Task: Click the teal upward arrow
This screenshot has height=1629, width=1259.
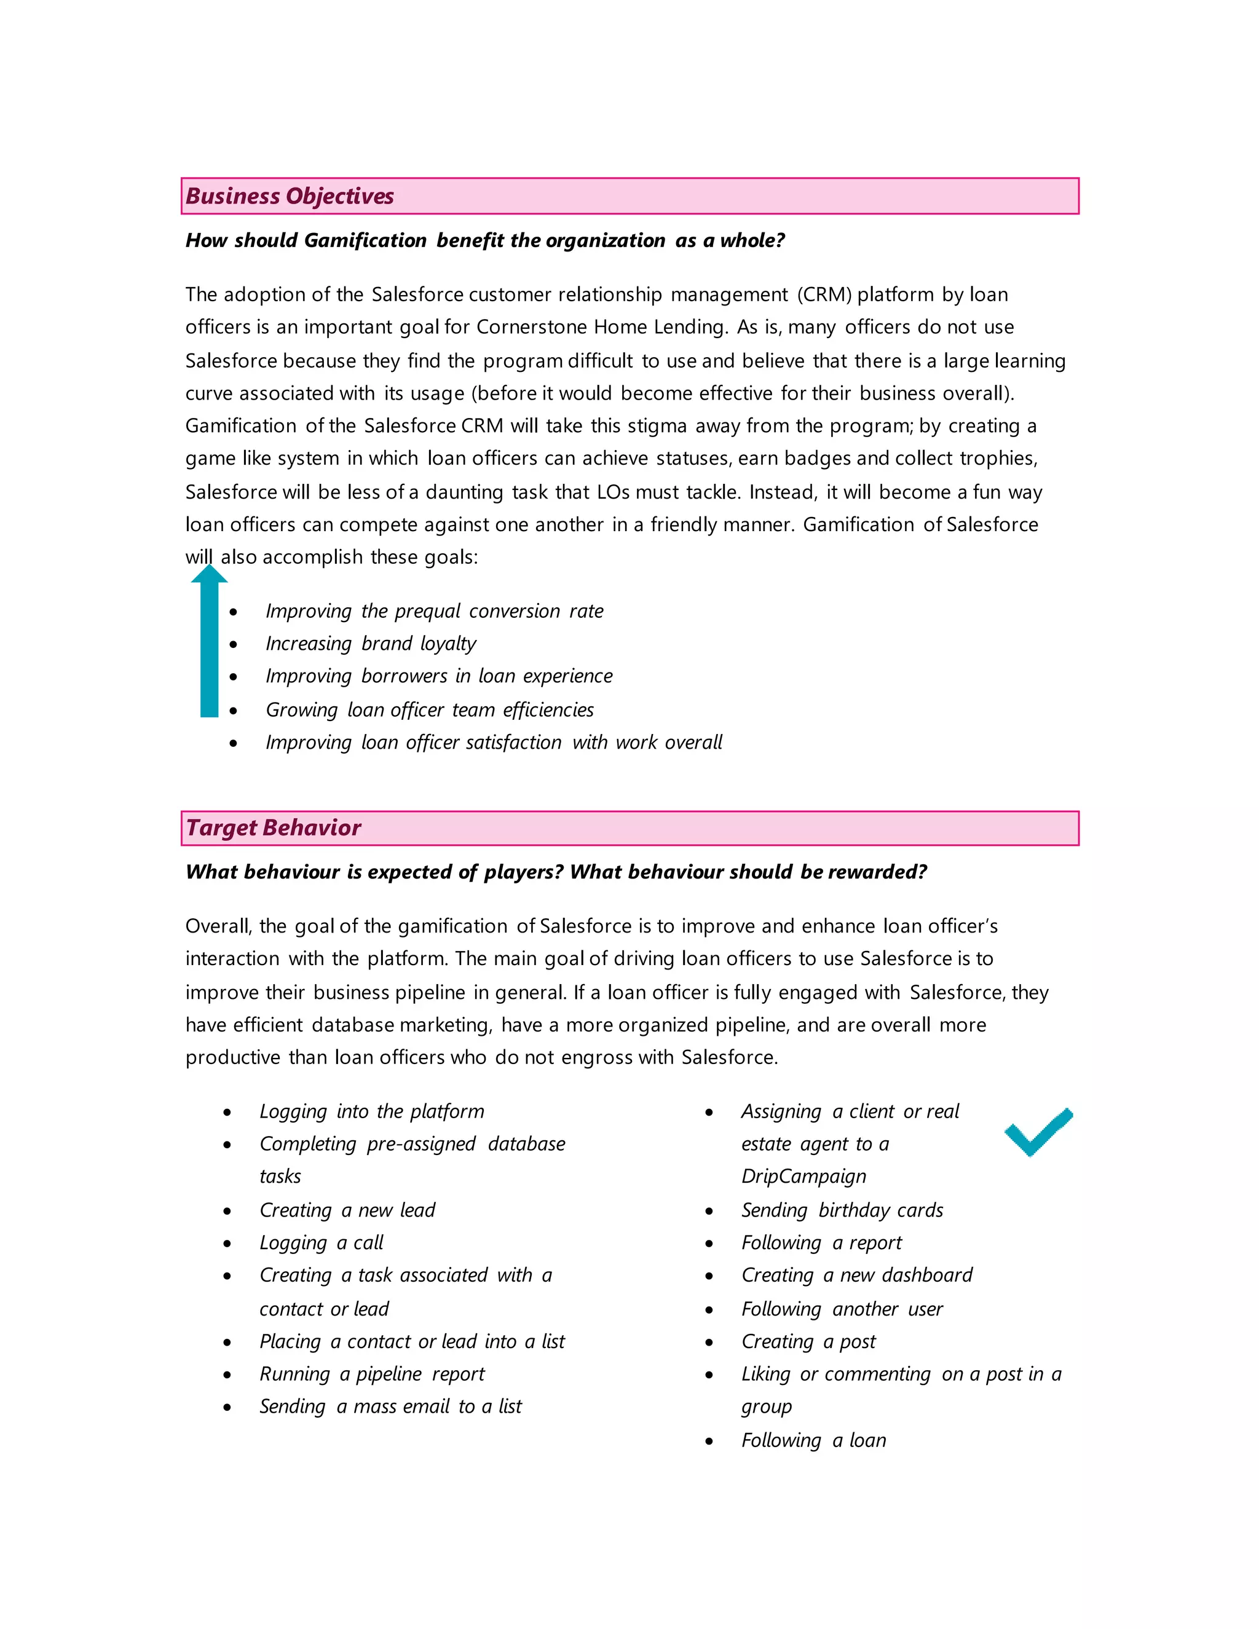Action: pos(209,641)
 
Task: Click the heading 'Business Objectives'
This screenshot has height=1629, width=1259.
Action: pos(290,196)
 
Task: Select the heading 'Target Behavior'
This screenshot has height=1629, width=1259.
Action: pos(273,828)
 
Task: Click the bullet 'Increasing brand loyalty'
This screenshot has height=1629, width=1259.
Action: pos(371,644)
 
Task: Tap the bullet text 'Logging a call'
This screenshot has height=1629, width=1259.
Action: pos(321,1242)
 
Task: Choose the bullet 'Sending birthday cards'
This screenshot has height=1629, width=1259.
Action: pos(842,1210)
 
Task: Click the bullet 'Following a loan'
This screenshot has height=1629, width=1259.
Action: pos(813,1440)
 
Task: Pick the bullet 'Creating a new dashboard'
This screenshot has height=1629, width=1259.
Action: pos(856,1276)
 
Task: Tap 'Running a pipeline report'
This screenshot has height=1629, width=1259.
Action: pos(371,1374)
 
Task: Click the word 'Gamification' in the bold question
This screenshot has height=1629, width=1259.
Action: pos(365,241)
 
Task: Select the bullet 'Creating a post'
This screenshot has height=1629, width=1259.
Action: pos(808,1342)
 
